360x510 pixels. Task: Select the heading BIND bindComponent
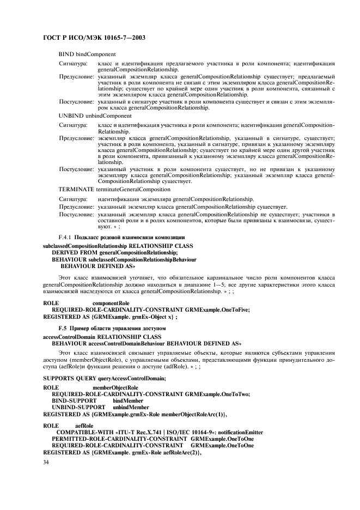point(87,54)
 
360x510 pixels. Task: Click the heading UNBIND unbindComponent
point(95,116)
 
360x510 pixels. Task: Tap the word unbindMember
point(131,407)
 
